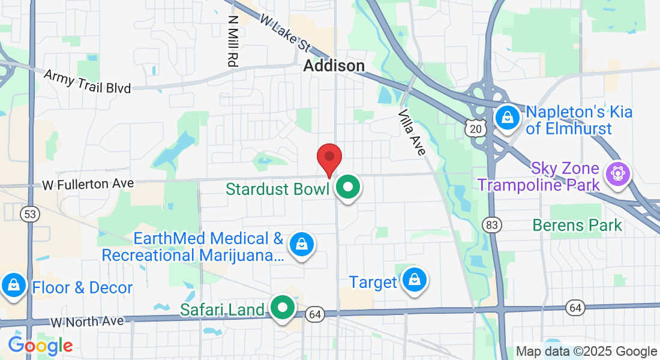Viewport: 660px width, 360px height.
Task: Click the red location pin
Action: (x=329, y=158)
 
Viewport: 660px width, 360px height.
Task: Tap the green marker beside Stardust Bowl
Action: (x=347, y=188)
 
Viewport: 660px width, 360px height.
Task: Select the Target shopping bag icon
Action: (x=414, y=280)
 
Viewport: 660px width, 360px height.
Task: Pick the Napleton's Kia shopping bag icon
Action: (x=508, y=118)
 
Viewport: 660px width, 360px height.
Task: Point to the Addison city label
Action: (x=334, y=65)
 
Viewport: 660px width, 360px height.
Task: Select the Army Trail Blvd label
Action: (x=88, y=80)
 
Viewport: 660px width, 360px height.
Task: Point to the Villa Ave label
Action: (x=412, y=132)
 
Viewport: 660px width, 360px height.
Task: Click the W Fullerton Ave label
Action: (x=88, y=184)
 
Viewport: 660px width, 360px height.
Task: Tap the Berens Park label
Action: (x=577, y=226)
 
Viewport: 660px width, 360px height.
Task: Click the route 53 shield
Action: (x=29, y=214)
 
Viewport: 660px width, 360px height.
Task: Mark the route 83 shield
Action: (x=491, y=224)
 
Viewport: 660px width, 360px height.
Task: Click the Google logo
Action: (x=40, y=346)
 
